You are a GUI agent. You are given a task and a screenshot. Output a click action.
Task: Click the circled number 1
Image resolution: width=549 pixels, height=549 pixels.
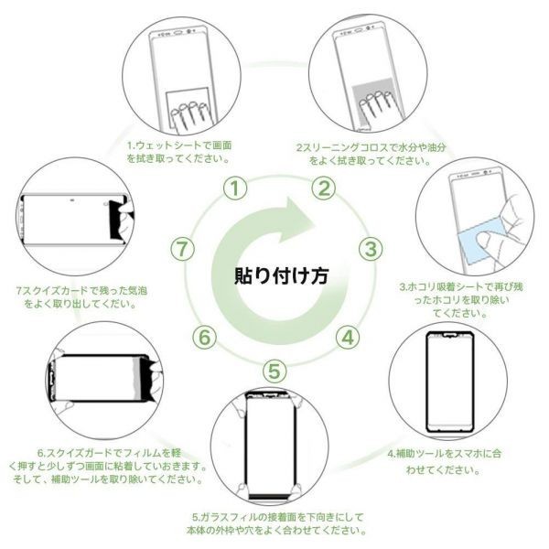(236, 188)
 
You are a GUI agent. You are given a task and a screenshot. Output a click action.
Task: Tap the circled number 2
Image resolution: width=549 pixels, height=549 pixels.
(323, 188)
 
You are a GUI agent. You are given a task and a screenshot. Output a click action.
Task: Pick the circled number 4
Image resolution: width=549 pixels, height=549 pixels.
(347, 336)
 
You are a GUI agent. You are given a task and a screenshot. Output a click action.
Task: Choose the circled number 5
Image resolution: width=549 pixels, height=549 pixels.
(275, 371)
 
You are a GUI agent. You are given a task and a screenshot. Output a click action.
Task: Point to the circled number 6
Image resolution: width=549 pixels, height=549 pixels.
(206, 336)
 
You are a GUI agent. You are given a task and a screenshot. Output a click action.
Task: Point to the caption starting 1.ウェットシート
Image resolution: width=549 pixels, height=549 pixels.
(178, 152)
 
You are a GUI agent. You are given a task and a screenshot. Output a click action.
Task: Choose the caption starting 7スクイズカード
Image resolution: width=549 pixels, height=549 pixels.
(82, 296)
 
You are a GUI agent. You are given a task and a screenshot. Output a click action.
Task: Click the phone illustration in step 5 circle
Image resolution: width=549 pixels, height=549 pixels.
(274, 444)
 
